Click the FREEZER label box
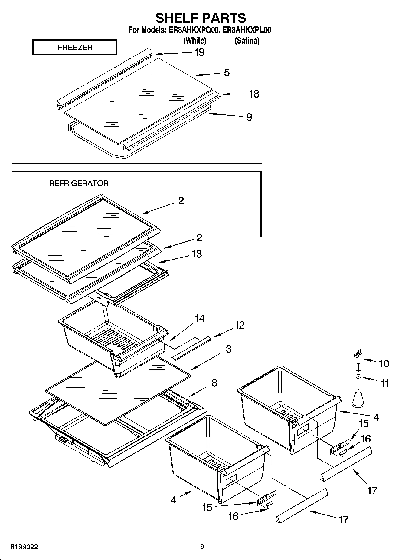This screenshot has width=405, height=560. pyautogui.click(x=74, y=48)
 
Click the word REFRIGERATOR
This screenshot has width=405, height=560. pyautogui.click(x=79, y=183)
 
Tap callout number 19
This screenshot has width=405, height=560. pyautogui.click(x=199, y=52)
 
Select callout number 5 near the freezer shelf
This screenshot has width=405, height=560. pyautogui.click(x=227, y=73)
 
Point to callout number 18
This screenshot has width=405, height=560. pyautogui.click(x=254, y=94)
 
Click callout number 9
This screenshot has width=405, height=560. pyautogui.click(x=249, y=117)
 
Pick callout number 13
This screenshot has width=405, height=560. pyautogui.click(x=197, y=254)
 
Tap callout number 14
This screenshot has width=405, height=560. pyautogui.click(x=199, y=318)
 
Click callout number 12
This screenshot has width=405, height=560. pyautogui.click(x=239, y=325)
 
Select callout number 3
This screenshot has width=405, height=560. pyautogui.click(x=229, y=349)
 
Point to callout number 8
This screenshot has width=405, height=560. pyautogui.click(x=214, y=383)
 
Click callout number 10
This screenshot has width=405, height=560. pyautogui.click(x=384, y=363)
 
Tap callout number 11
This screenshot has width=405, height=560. pyautogui.click(x=385, y=384)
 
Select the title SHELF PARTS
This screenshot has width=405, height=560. pyautogui.click(x=201, y=18)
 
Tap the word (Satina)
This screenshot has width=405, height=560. pyautogui.click(x=247, y=41)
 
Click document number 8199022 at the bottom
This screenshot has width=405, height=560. pyautogui.click(x=24, y=547)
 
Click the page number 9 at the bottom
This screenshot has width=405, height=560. pyautogui.click(x=202, y=547)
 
